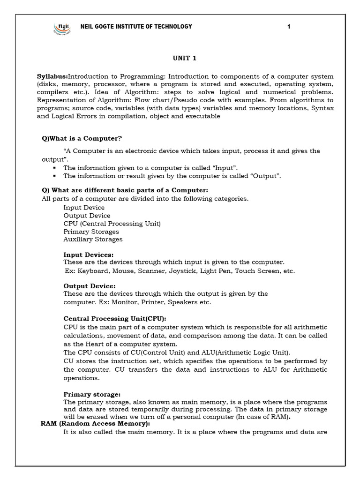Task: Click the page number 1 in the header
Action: pyautogui.click(x=289, y=27)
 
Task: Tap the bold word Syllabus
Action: pyautogui.click(x=52, y=76)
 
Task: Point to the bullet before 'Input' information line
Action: pyautogui.click(x=55, y=167)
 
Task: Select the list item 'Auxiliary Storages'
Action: pyautogui.click(x=93, y=239)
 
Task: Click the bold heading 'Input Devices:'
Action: pyautogui.click(x=88, y=255)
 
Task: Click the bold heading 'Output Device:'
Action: pyautogui.click(x=89, y=286)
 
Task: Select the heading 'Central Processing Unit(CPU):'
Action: pyautogui.click(x=115, y=318)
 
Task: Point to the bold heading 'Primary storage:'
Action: pyautogui.click(x=92, y=395)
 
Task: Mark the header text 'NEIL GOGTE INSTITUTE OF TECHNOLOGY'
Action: pyautogui.click(x=136, y=27)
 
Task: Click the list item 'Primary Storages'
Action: pyautogui.click(x=91, y=232)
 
